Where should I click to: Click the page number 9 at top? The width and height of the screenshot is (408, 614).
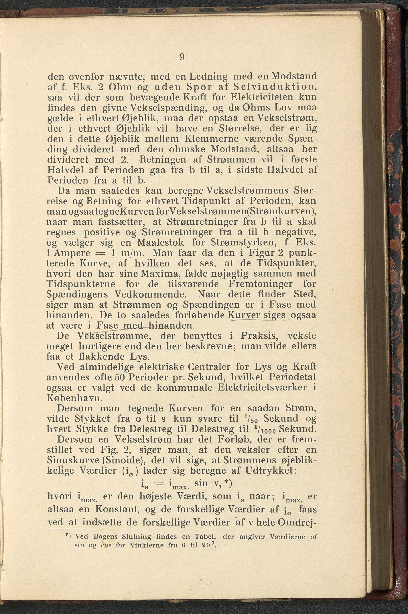coord(182,57)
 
